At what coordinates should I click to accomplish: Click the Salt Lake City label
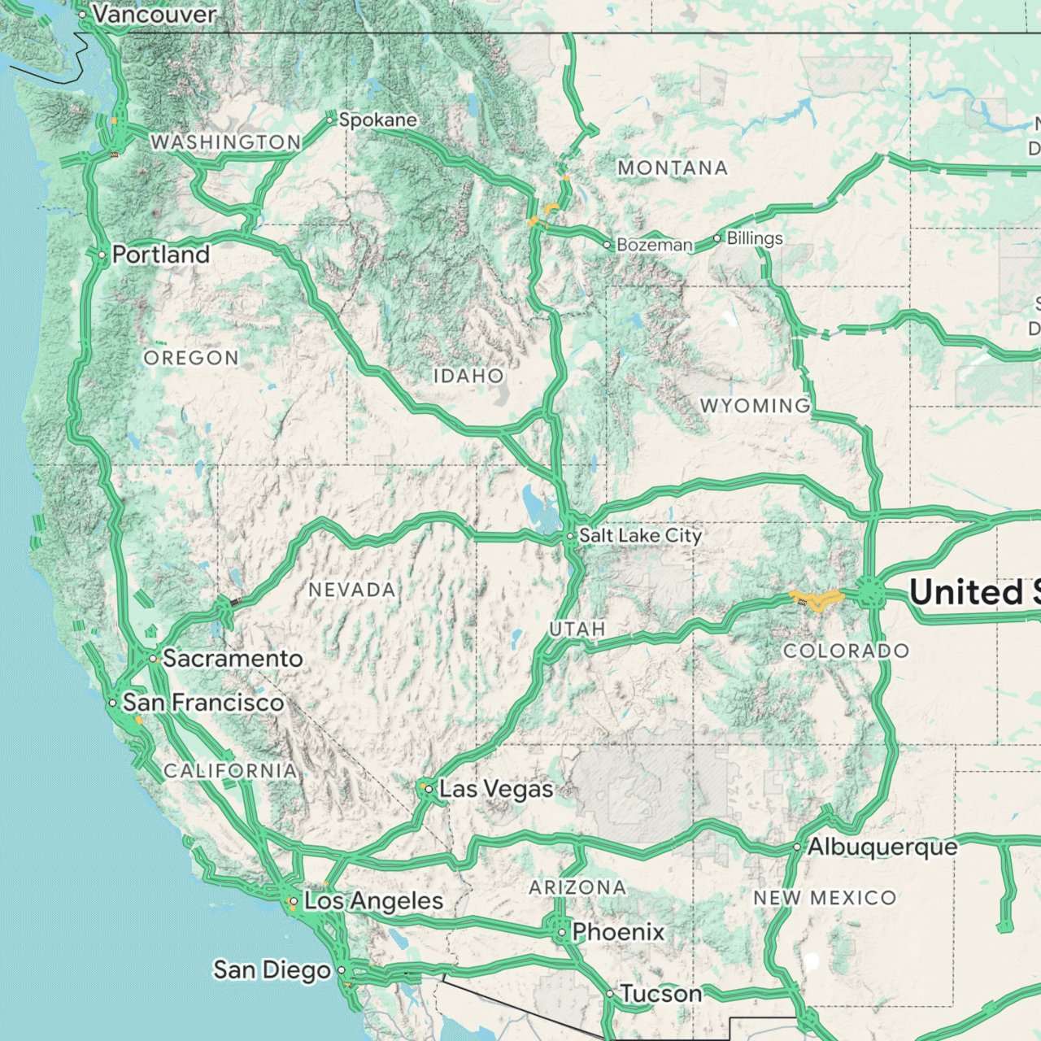click(x=640, y=536)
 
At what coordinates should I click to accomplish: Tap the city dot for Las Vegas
click(x=429, y=789)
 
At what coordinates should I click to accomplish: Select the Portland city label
click(x=161, y=255)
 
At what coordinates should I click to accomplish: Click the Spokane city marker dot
click(x=330, y=120)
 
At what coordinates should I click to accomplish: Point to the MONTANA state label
click(x=673, y=168)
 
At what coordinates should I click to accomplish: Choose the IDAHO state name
click(x=468, y=376)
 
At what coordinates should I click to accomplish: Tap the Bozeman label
click(x=655, y=245)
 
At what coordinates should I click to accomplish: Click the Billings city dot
click(x=717, y=238)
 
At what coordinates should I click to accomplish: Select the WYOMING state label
click(x=755, y=405)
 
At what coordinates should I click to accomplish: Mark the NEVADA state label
click(x=352, y=590)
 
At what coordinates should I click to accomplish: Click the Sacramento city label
click(x=233, y=658)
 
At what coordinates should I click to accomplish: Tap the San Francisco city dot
click(x=113, y=703)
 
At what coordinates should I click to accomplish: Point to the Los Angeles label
click(x=373, y=901)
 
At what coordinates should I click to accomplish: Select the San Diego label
click(x=272, y=970)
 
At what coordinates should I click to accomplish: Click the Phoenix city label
click(x=618, y=932)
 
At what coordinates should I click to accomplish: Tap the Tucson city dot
click(x=610, y=994)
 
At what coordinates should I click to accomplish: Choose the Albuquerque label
click(x=882, y=847)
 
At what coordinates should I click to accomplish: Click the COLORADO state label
click(x=846, y=651)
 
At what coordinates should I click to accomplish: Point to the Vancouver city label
click(x=154, y=14)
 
